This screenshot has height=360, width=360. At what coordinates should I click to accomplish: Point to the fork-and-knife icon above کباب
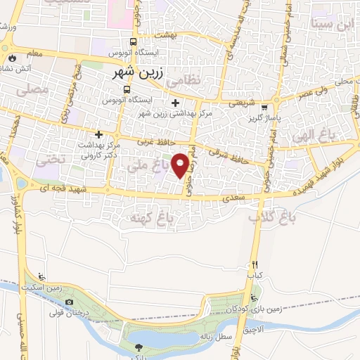coord(255,265)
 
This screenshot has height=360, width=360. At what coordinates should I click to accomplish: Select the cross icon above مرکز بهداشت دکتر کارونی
coord(99,134)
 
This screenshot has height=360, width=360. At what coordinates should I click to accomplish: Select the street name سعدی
coord(233,200)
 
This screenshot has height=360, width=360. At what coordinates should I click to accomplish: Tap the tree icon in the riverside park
coord(139,347)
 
